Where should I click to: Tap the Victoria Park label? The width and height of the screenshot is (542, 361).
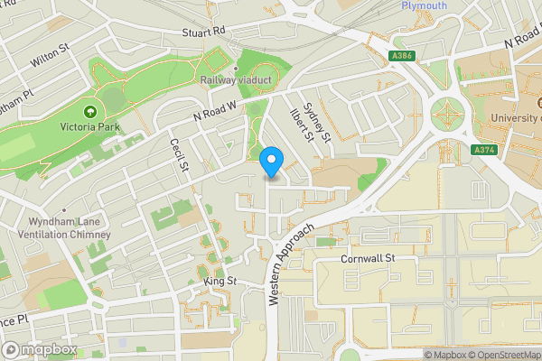(x=91, y=127)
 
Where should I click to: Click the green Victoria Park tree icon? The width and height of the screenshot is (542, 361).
(x=90, y=112)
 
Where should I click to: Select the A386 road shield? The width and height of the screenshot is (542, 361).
(x=404, y=56)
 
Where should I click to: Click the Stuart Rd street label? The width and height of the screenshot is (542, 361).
(x=202, y=32)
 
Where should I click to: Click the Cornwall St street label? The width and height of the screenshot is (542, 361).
(x=369, y=258)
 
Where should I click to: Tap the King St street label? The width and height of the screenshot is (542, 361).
(x=220, y=282)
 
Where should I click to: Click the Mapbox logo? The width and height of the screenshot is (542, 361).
(x=39, y=349)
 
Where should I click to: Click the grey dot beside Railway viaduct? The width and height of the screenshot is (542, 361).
(x=235, y=68)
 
